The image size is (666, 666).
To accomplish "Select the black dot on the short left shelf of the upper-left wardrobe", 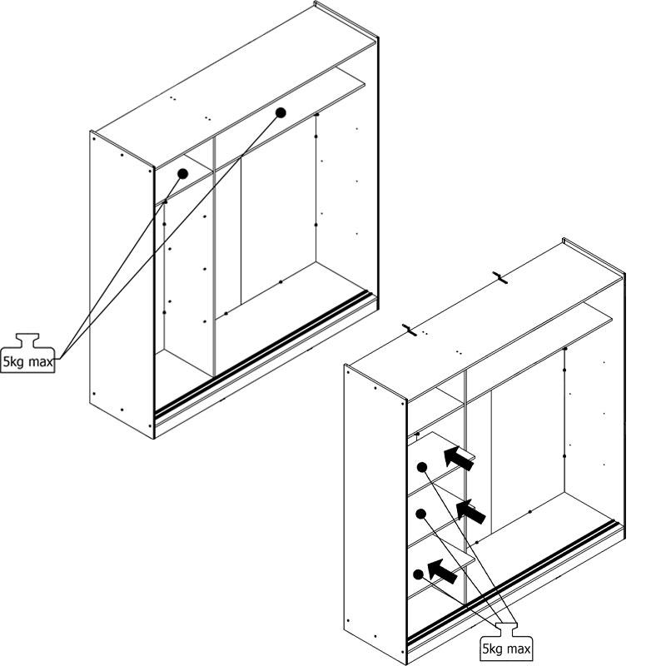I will [182, 173].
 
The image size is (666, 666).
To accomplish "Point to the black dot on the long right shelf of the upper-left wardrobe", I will [281, 112].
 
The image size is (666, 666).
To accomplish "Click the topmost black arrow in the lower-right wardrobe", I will [458, 457].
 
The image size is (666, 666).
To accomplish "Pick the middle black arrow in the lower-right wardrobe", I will [471, 511].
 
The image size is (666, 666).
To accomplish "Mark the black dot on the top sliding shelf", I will [422, 467].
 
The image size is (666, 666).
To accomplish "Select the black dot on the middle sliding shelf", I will [421, 513].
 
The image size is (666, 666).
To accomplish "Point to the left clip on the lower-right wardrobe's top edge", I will [409, 329].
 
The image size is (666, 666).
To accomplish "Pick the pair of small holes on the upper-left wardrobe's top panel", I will [173, 98].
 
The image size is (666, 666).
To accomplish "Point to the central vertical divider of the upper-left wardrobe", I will [215, 250].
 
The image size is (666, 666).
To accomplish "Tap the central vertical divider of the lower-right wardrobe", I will [466, 466].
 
